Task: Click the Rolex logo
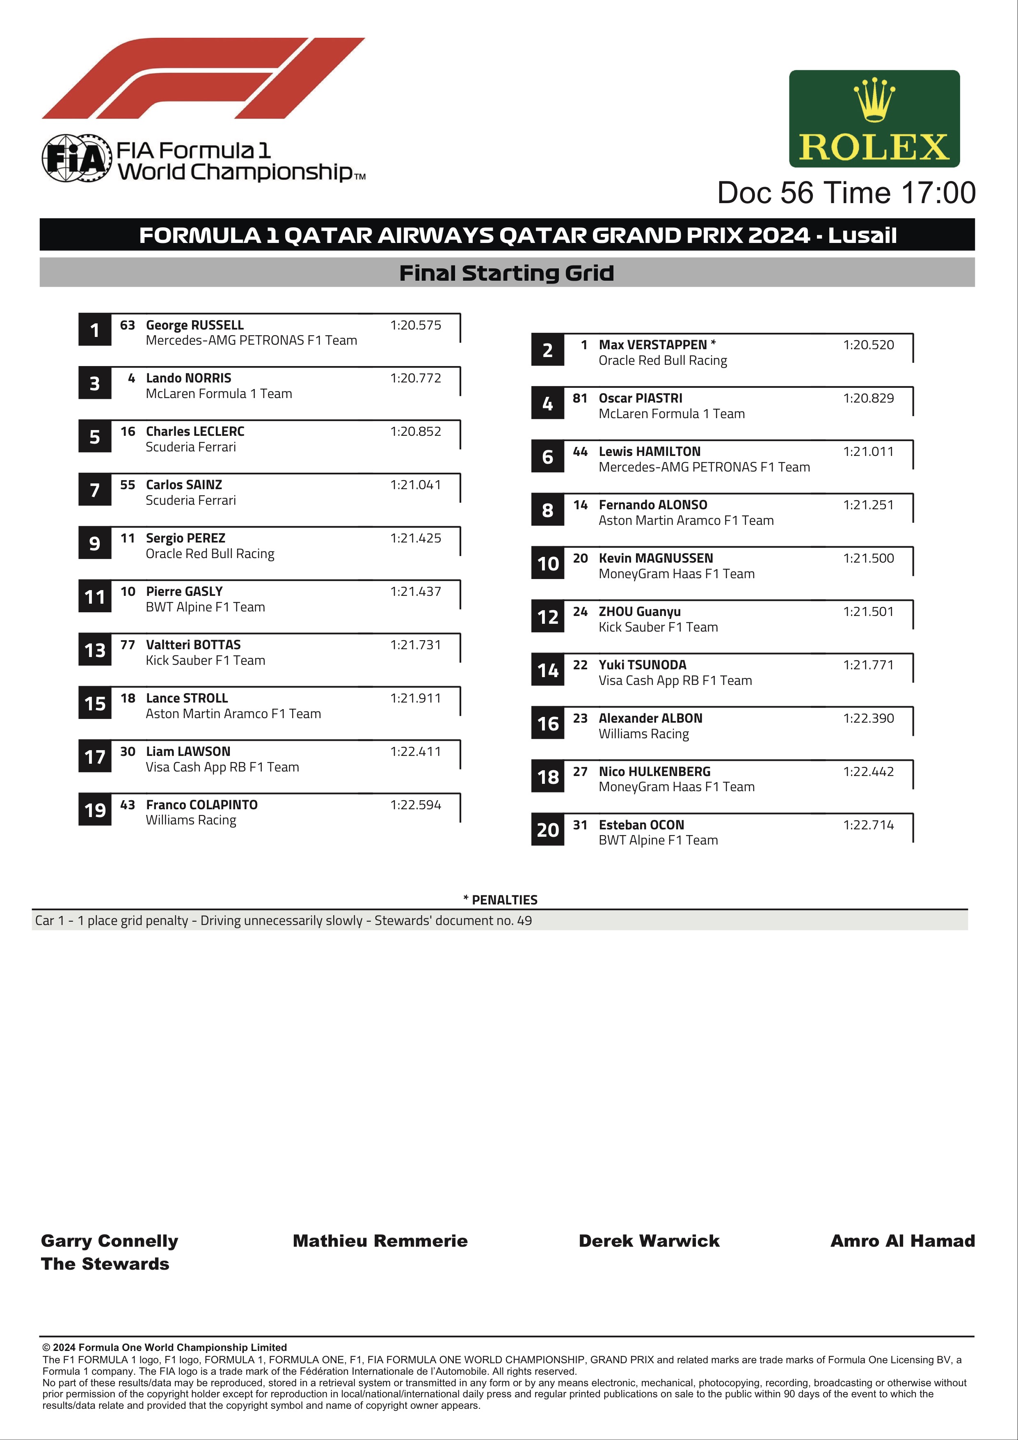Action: (x=874, y=119)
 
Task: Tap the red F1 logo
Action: (x=203, y=78)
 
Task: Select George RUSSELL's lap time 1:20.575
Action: (x=415, y=325)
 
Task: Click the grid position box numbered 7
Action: (x=95, y=490)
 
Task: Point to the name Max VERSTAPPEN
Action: (x=652, y=345)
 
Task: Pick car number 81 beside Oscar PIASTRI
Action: (x=579, y=398)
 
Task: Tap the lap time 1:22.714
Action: (x=868, y=825)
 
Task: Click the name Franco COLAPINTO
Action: (x=201, y=805)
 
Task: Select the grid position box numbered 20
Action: (x=548, y=830)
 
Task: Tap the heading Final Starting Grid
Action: (x=506, y=273)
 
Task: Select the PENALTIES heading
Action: (x=501, y=900)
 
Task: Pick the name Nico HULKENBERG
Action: (x=654, y=772)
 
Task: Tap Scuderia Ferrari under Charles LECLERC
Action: (x=191, y=447)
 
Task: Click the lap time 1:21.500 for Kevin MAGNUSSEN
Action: (x=868, y=558)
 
